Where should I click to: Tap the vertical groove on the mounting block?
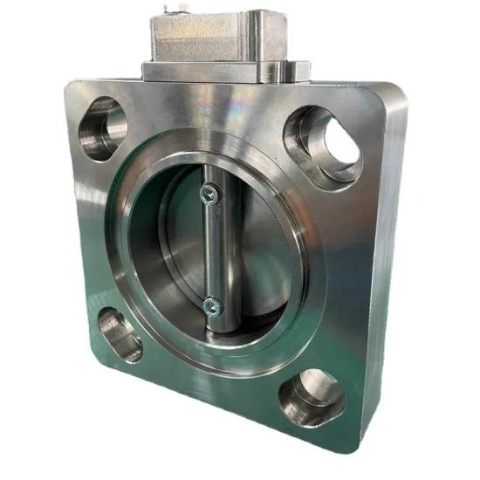pos(254,39)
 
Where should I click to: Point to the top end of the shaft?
pos(209,175)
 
